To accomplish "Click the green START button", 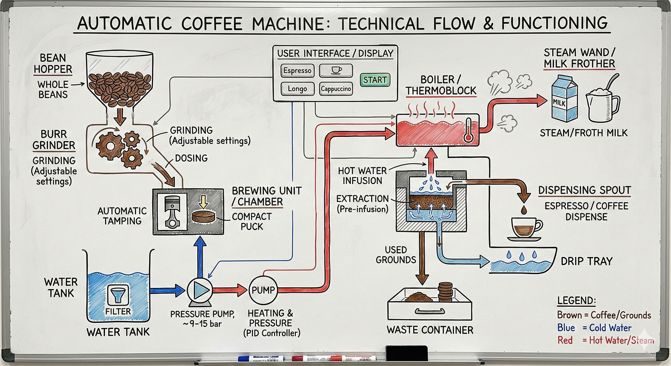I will point(375,80).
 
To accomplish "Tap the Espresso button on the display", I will point(297,71).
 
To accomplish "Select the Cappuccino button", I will point(336,89).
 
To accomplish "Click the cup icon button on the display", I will point(336,70).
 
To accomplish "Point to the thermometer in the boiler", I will point(468,131).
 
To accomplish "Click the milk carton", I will point(564,98).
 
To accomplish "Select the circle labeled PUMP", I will point(263,290).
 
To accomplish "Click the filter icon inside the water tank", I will point(118,295).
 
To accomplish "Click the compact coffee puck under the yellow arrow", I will point(204,217).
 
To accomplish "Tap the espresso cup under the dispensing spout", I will point(525,228).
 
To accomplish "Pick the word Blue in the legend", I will point(566,328).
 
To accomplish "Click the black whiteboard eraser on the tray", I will point(407,354).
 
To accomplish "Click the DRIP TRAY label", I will point(586,261).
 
